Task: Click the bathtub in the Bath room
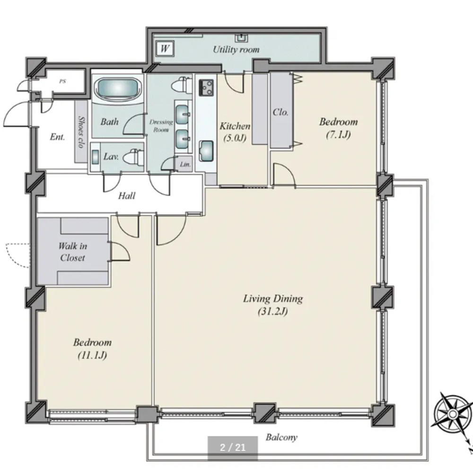[118, 88]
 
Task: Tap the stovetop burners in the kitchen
[206, 88]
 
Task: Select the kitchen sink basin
[206, 151]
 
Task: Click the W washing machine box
[165, 49]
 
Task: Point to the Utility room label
[236, 50]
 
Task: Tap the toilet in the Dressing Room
[182, 85]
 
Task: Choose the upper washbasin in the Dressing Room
[182, 114]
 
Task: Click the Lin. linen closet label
[185, 165]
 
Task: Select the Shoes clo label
[81, 132]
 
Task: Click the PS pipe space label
[62, 81]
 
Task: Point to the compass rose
[453, 413]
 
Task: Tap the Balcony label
[281, 437]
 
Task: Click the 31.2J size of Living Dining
[273, 311]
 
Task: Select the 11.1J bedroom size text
[92, 355]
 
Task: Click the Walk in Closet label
[73, 252]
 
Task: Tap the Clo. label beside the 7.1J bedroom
[280, 112]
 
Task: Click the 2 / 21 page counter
[233, 447]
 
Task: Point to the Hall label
[127, 196]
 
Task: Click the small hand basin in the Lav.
[95, 157]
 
